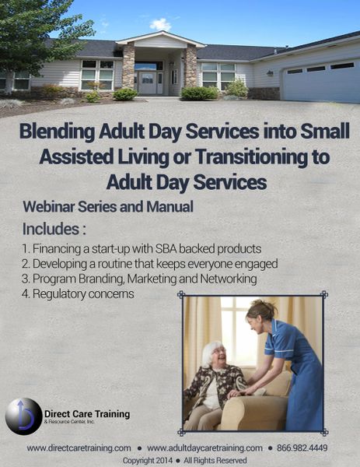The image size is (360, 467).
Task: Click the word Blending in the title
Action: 58,132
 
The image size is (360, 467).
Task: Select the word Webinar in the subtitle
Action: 49,207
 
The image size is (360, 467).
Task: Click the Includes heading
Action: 54,229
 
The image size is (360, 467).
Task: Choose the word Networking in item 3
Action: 229,279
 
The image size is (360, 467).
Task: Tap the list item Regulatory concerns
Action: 78,294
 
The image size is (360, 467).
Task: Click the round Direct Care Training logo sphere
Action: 24,416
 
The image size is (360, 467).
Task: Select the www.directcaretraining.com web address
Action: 79,448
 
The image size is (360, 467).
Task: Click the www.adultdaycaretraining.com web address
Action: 204,448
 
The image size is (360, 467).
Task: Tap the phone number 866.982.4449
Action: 302,448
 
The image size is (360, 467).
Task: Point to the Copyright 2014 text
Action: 147,461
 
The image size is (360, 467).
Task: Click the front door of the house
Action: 147,83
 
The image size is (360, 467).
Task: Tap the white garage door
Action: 322,81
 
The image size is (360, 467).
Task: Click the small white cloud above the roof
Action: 160,24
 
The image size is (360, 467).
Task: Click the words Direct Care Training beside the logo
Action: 87,414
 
